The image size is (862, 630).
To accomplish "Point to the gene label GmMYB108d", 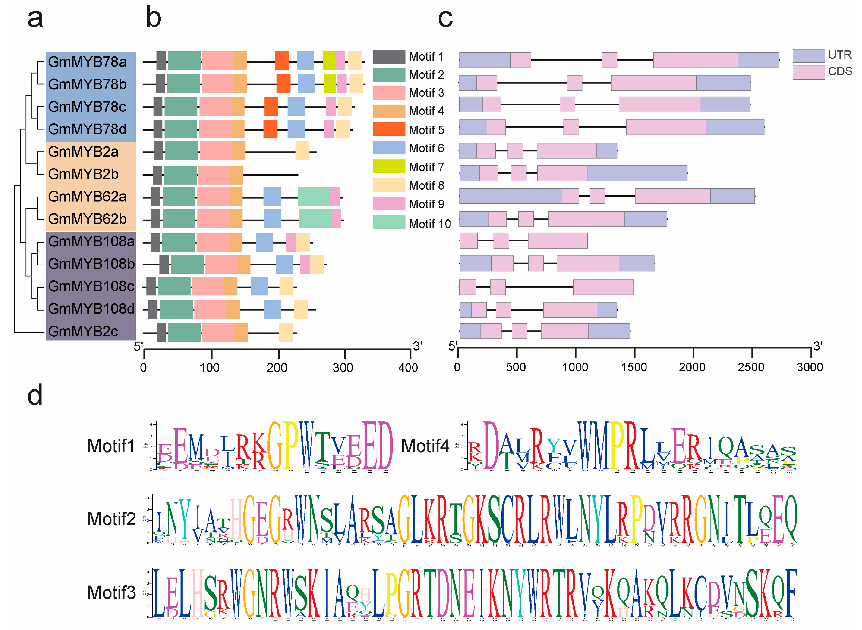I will point(91,309).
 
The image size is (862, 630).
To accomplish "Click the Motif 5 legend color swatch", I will point(389,129).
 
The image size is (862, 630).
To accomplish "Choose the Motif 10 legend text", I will point(430,223).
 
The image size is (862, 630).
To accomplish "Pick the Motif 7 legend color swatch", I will point(389,166).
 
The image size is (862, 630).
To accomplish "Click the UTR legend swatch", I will point(808,56).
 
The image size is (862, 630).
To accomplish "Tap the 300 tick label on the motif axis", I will point(342,368).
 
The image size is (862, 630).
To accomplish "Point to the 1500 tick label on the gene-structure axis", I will point(633,367).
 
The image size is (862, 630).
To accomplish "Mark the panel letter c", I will point(445,18).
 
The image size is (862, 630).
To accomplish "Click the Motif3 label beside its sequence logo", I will point(111,593).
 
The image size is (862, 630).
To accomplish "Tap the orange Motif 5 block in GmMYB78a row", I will point(282,61).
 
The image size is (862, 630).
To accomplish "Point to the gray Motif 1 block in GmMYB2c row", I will point(161,332).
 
